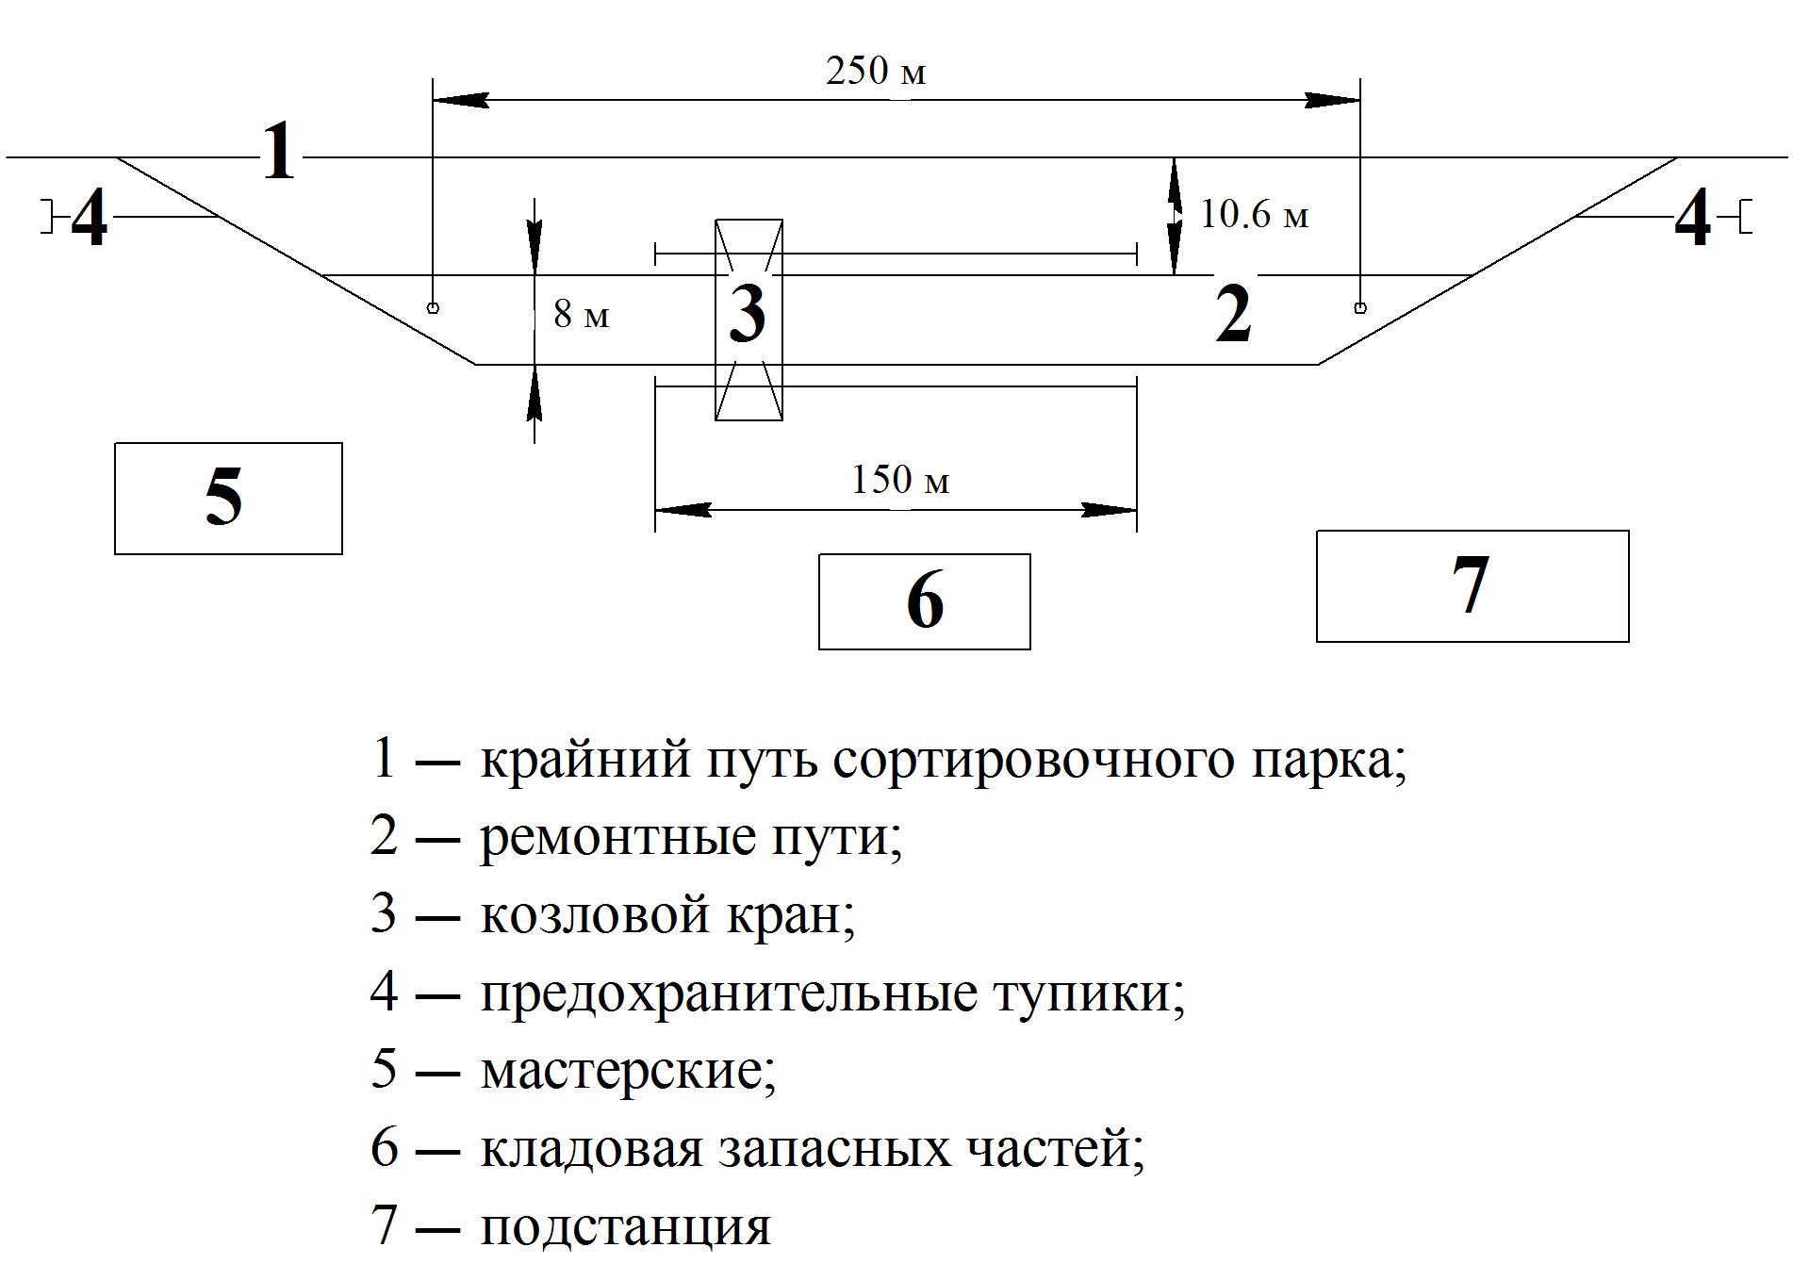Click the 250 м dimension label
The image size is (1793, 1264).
click(x=876, y=72)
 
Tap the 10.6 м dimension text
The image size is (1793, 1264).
click(x=1254, y=215)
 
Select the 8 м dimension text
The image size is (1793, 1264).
click(x=582, y=314)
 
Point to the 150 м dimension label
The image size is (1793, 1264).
click(x=900, y=480)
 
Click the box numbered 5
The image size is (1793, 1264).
click(x=228, y=499)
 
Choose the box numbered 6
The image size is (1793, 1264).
click(x=924, y=601)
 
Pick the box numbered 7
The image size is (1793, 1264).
click(x=1472, y=586)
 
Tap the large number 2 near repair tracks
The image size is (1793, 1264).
click(x=1233, y=313)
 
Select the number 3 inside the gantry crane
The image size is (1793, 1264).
click(x=748, y=313)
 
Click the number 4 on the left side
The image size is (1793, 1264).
click(x=90, y=219)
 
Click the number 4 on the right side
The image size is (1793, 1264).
click(x=1692, y=219)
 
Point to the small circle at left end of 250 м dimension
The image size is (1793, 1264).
click(x=433, y=307)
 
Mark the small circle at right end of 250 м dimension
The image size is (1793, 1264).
click(x=1359, y=306)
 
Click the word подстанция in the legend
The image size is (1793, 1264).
click(x=626, y=1225)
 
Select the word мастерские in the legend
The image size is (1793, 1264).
click(x=629, y=1070)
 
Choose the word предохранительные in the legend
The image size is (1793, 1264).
click(x=728, y=993)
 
